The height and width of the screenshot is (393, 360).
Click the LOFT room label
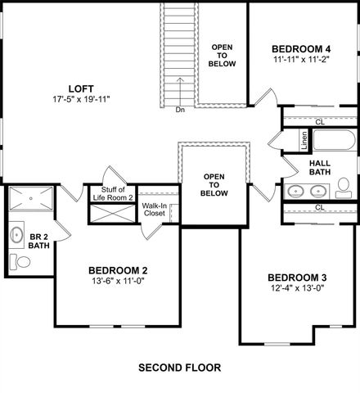tap(78, 88)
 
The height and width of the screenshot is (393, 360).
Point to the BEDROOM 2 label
tap(118, 270)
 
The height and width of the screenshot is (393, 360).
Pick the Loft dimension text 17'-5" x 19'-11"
tap(79, 100)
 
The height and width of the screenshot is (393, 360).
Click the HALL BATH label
tap(320, 167)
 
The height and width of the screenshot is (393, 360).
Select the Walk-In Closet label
tap(154, 210)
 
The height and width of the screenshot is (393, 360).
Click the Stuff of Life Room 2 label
tap(113, 194)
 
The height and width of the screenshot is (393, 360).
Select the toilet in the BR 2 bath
tap(21, 262)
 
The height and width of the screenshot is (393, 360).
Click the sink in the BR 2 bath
tap(17, 235)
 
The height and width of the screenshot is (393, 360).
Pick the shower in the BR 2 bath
tap(32, 197)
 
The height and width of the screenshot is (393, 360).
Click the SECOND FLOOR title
tap(179, 368)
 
